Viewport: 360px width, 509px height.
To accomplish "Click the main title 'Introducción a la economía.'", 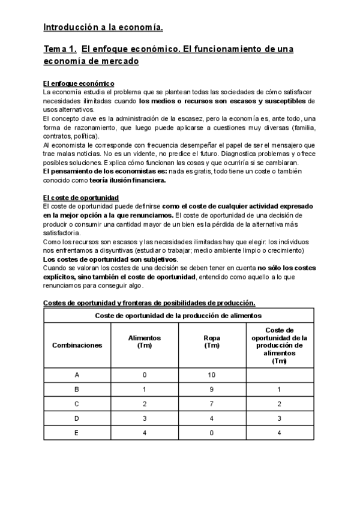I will pos(103,27).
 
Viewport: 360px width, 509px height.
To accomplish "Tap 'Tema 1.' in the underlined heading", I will pos(59,48).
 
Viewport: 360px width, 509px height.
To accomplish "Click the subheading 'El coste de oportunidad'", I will pos(81,197).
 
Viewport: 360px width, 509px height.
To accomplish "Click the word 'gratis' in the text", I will pos(197,171).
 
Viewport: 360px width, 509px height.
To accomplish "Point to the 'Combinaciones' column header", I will pos(77,345).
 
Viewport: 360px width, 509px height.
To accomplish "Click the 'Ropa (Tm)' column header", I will pos(212,342).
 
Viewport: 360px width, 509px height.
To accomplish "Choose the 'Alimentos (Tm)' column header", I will pos(145,342).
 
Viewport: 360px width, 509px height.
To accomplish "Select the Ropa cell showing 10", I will pos(212,375).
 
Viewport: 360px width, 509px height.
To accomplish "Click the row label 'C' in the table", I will pos(77,403).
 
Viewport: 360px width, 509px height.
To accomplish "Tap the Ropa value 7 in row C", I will pos(212,403).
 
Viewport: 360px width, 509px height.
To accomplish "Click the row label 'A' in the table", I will pos(77,375).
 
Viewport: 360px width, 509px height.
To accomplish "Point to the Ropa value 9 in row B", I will pos(212,390).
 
